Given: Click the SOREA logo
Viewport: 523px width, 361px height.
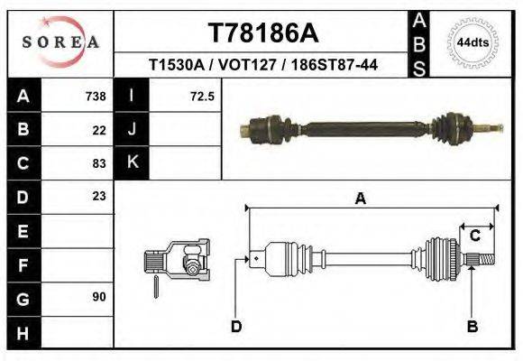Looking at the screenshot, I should pos(60,42).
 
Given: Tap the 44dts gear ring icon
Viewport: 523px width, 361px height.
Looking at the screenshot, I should pos(473,42).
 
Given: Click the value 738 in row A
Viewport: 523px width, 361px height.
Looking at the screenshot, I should pos(96,96).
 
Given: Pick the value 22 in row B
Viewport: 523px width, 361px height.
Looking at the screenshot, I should pos(99,129).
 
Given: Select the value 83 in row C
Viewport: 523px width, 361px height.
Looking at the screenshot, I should pos(99,163).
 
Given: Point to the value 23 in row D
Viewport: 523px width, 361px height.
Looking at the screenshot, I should pos(99,196).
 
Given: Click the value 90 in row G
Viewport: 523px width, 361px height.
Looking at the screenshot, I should pos(99,296).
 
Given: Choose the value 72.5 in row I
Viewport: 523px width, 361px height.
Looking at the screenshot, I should pos(202,96).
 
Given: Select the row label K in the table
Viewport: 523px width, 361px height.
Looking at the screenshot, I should pos(133,162).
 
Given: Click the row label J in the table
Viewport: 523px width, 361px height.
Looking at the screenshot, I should pos(133,129).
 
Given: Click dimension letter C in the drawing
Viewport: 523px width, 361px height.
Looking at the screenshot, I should pos(474,236).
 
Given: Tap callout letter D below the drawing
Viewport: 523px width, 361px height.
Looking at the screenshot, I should pos(236,326).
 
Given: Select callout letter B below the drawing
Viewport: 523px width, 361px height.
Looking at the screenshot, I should pos(472,326).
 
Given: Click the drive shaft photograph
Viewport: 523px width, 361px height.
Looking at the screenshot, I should pos(370,128).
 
